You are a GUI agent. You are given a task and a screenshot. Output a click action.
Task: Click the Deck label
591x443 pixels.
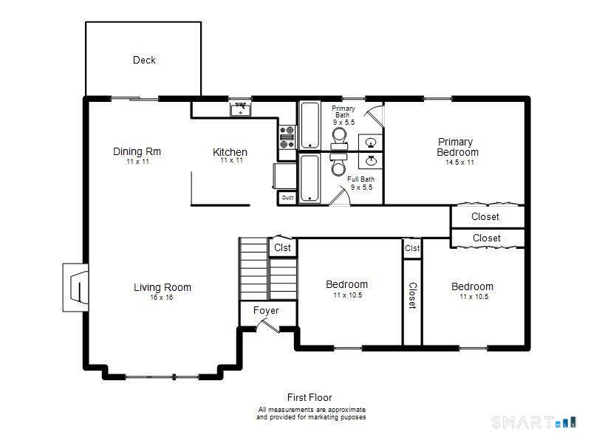(144, 60)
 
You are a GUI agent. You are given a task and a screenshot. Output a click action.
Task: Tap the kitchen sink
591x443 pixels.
(241, 109)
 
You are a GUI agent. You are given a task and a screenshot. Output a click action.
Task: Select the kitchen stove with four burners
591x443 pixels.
(287, 137)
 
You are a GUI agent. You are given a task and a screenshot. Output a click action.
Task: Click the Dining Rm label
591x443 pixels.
(137, 151)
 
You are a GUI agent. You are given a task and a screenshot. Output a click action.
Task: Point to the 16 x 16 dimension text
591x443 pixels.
(162, 298)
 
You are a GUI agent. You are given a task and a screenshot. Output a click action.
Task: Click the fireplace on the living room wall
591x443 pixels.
(76, 287)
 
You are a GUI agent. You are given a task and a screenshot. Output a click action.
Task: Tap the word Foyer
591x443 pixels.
(266, 310)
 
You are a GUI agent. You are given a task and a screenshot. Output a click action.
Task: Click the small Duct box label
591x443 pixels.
(287, 197)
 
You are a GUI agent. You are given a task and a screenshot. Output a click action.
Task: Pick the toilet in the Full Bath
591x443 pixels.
(339, 164)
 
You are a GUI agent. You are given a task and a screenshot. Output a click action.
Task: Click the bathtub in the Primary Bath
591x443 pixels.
(310, 126)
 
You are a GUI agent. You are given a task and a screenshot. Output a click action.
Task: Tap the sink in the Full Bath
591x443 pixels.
(371, 160)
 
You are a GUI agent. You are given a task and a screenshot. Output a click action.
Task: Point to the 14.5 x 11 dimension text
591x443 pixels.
(460, 162)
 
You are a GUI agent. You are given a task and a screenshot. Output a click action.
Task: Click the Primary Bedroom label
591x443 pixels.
(457, 147)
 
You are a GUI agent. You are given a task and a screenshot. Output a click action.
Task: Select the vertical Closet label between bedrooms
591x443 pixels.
(413, 296)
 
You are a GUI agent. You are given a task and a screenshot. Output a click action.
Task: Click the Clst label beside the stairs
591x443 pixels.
(282, 247)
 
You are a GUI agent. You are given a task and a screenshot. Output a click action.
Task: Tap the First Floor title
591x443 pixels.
(310, 397)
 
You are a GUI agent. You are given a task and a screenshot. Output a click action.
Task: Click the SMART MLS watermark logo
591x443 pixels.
(534, 422)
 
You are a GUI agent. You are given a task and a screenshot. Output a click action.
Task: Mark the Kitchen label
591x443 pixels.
(230, 152)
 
